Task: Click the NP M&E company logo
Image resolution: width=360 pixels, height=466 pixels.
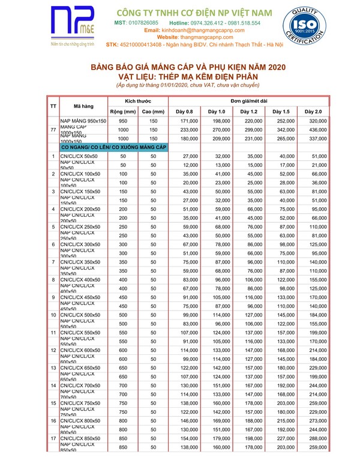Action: point(73,26)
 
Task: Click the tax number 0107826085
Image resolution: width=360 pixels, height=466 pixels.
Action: point(142,23)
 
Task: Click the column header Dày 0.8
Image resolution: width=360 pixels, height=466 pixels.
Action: point(184,112)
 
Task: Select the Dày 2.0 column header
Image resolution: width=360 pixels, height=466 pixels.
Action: point(313,112)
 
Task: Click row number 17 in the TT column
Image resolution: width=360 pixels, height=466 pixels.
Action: point(53,438)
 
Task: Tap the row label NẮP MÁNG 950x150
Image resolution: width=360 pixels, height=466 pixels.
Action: point(83,121)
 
